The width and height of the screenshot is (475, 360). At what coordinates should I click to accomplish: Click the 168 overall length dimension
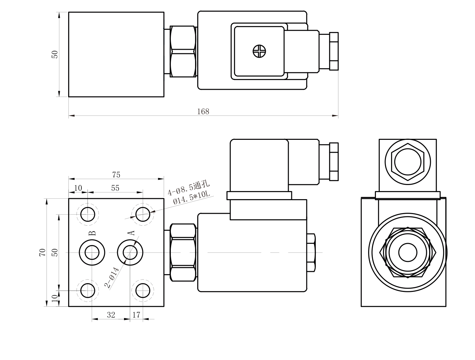coord(203,111)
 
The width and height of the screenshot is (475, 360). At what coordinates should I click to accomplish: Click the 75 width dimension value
coord(116,175)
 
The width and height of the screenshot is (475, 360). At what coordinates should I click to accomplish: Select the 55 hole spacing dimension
coord(115,188)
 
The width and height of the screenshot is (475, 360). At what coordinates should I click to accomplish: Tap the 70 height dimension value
coord(42,252)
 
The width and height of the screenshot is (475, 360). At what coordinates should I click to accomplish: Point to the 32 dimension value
coord(111,315)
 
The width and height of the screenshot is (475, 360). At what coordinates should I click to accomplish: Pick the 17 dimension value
coord(136,315)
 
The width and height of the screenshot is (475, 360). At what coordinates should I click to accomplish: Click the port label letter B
coord(92,233)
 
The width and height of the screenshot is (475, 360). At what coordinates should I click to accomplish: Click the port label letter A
coord(131,233)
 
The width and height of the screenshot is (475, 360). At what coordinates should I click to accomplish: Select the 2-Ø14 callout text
coord(112,278)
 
